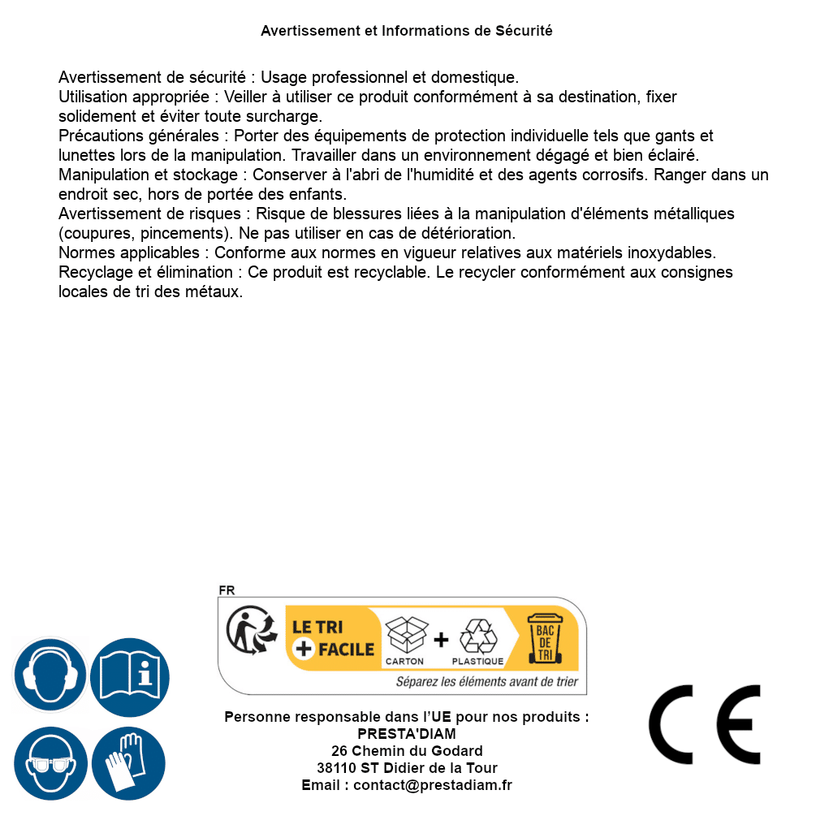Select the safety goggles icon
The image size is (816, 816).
(50, 763)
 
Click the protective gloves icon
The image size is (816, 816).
(129, 763)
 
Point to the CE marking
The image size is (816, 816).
(704, 725)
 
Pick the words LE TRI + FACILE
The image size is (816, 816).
(333, 638)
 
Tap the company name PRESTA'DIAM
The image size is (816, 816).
(407, 734)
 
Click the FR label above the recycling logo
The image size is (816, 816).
(227, 591)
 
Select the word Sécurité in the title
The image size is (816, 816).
(524, 31)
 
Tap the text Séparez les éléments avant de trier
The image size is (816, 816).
(487, 682)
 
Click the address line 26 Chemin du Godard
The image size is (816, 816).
(407, 751)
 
